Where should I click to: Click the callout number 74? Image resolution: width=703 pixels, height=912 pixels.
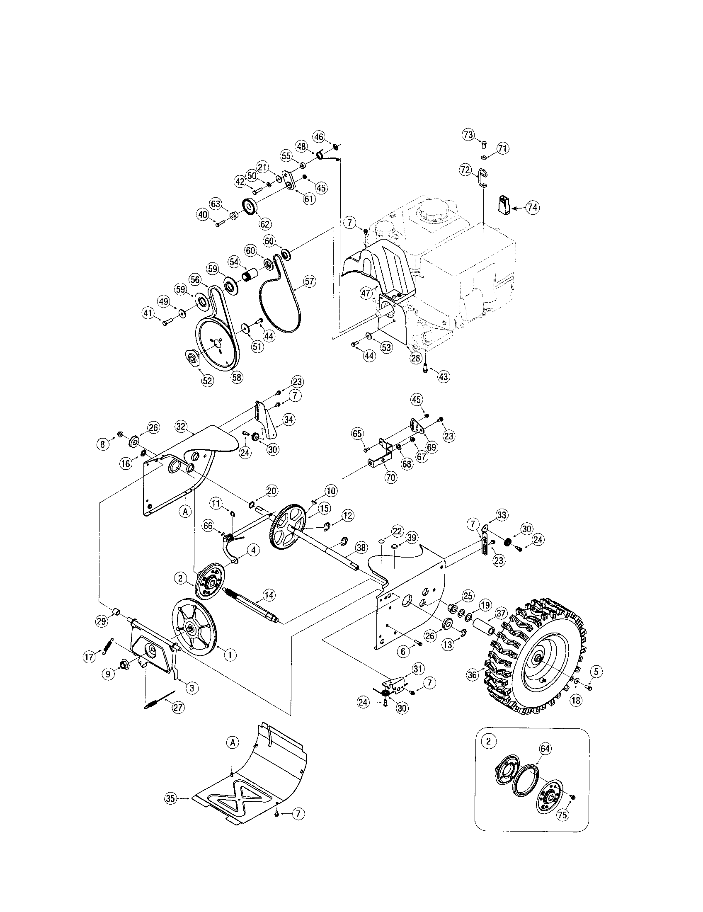pyautogui.click(x=532, y=208)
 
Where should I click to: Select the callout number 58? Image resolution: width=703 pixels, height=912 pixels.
pyautogui.click(x=237, y=377)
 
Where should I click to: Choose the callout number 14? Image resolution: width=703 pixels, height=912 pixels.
pyautogui.click(x=269, y=594)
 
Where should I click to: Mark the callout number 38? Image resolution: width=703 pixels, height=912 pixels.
pyautogui.click(x=360, y=548)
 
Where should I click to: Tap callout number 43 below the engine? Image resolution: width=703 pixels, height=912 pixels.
pyautogui.click(x=443, y=376)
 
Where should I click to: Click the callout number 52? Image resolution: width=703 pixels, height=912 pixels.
pyautogui.click(x=208, y=381)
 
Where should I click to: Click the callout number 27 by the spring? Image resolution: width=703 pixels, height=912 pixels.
pyautogui.click(x=178, y=707)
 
